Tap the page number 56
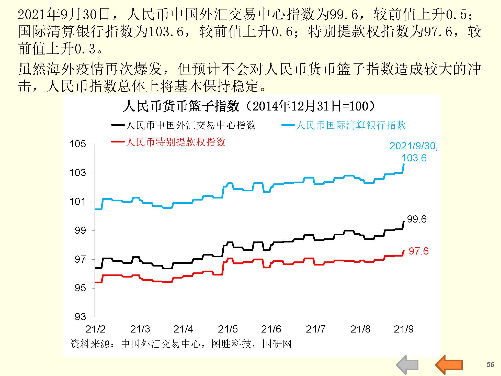point(490,364)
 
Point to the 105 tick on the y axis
point(78,144)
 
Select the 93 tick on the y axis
point(80,317)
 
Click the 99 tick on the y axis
point(80,231)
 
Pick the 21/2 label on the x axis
point(95,329)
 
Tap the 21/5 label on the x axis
point(228,329)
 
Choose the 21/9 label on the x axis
point(404,329)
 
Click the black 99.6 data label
point(417,219)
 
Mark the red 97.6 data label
point(418,251)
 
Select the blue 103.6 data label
point(414,158)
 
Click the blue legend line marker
point(288,125)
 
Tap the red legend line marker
point(118,142)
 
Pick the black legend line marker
point(118,125)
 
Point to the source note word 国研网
point(277,344)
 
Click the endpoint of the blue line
point(404,164)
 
